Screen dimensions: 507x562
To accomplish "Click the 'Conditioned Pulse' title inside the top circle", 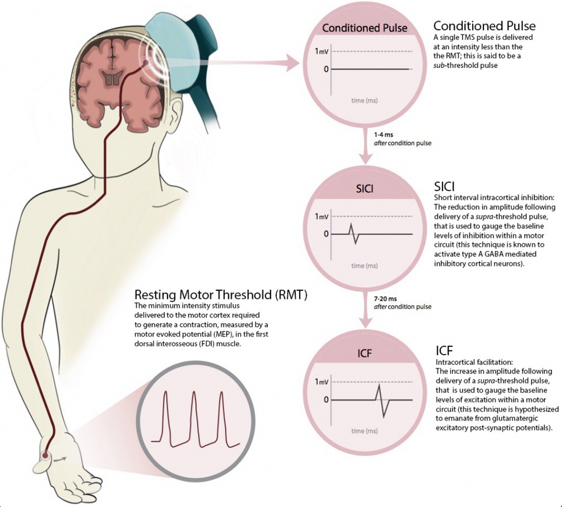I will (364, 28).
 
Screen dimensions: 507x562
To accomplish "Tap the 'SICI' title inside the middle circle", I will (364, 189).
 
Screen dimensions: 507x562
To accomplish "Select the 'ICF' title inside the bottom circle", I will (364, 354).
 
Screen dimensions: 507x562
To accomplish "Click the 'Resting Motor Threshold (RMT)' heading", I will (221, 295).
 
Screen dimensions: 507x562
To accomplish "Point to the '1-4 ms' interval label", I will (383, 135).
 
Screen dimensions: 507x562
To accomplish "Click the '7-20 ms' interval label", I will (385, 299).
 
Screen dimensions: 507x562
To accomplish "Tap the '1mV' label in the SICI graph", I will (322, 216).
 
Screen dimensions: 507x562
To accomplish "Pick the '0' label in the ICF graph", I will (326, 400).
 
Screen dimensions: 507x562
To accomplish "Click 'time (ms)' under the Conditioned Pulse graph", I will (364, 101).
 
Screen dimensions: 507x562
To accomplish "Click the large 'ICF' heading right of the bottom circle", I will (444, 350).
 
